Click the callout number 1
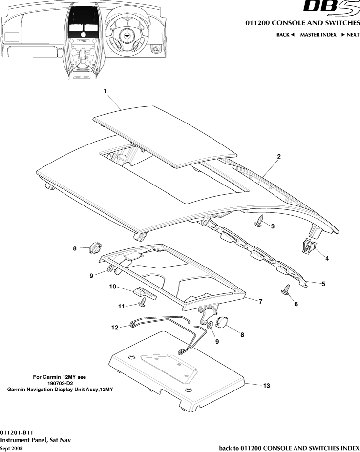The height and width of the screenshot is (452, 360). [105, 91]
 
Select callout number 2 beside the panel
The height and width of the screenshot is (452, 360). [278, 157]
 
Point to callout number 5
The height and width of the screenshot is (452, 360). [322, 283]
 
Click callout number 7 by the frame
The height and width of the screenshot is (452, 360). [260, 302]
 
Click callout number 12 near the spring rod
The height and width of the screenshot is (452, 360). [115, 328]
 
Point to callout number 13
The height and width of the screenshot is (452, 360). [266, 386]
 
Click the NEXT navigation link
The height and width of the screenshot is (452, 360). [350, 35]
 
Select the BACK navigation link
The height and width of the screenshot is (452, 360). [285, 35]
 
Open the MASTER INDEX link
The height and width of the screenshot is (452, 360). [318, 35]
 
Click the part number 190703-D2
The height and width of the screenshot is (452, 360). [60, 383]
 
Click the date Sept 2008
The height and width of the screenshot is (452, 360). [11, 448]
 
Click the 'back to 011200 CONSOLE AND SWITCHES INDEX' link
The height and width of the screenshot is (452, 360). [289, 448]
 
